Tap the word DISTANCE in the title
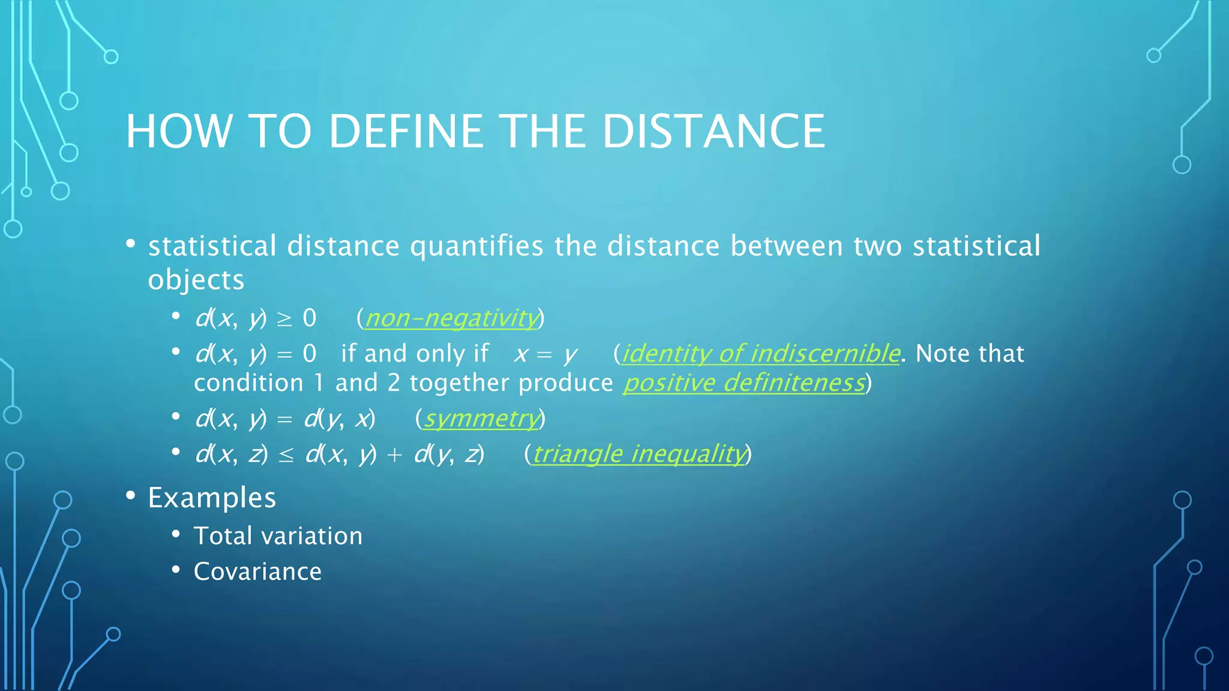714,131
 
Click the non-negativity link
451,318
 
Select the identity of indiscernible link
760,353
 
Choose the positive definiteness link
744,383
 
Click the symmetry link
481,419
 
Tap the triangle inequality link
639,454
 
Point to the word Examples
212,498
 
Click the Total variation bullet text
278,536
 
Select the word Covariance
257,572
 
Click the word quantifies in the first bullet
476,247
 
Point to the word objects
196,280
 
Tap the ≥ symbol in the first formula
284,319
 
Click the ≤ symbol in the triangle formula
286,455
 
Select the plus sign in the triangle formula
394,455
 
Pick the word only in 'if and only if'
440,354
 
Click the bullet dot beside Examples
131,495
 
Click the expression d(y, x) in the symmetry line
340,419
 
